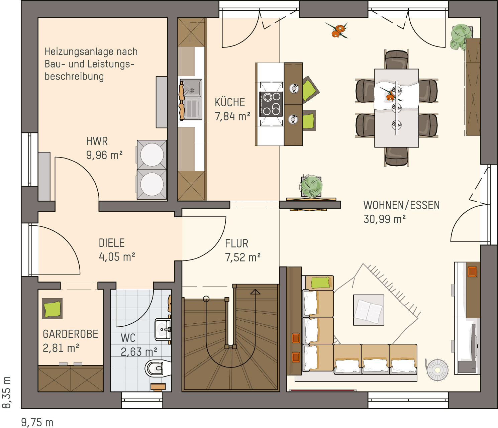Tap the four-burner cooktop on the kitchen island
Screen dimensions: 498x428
271,104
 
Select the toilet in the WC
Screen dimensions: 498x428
158,368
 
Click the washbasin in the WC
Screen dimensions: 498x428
163,329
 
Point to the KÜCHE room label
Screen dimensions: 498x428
230,102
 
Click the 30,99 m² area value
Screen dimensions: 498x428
385,219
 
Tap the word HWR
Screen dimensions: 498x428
97,141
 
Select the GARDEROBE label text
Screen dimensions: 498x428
70,334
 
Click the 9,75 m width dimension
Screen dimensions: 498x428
37,422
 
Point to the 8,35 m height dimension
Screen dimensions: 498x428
6,392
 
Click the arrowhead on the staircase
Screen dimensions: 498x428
255,292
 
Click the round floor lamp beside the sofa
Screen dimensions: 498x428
437,370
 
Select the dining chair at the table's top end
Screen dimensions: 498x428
397,60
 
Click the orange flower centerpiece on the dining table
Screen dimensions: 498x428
390,96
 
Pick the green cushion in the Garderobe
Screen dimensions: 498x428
52,309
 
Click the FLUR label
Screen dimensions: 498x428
236,243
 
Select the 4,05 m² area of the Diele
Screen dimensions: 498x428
117,257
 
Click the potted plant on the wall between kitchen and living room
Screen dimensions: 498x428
311,187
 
